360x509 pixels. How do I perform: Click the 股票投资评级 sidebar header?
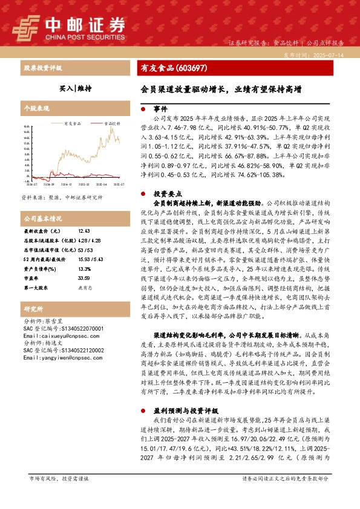[43, 68]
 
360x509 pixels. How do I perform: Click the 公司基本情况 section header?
[42, 218]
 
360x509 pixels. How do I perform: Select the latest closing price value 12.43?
[83, 232]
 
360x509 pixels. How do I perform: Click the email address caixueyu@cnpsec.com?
[54, 335]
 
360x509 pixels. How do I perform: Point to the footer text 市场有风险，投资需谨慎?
[59, 478]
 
